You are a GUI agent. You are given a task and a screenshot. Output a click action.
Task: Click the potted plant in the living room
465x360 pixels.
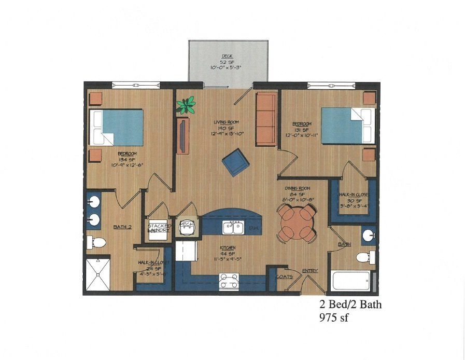(186, 105)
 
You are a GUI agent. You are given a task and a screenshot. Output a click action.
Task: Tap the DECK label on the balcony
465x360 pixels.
(227, 56)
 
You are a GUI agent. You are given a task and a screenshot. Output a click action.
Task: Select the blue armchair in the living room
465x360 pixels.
(236, 163)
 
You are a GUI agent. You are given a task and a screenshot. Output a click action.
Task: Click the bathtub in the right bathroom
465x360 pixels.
(351, 281)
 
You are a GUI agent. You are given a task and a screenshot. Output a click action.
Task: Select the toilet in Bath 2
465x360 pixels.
(96, 242)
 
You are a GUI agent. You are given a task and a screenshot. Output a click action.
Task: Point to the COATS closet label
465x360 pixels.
(284, 277)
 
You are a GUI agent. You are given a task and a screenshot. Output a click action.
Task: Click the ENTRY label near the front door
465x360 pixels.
(309, 271)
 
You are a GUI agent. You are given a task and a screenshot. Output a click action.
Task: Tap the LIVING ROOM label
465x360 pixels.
(228, 123)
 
